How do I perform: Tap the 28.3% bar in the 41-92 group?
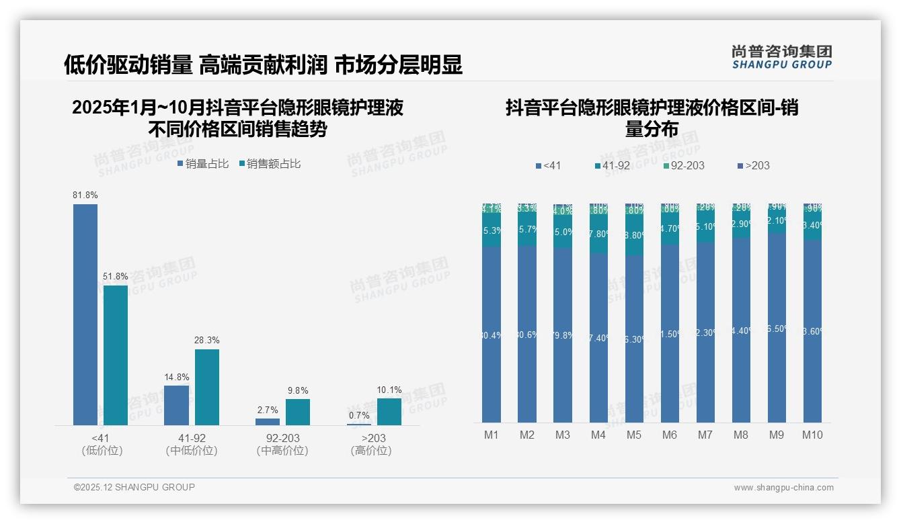tap(207, 387)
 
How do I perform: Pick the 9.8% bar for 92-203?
tap(298, 412)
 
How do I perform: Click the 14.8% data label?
tap(176, 377)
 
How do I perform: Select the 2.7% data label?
tap(268, 410)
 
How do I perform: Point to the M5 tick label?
tap(634, 435)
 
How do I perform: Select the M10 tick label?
tap(812, 435)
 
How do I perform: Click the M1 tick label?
tap(492, 435)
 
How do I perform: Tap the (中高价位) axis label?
tap(282, 451)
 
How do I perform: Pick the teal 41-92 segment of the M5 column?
tap(634, 235)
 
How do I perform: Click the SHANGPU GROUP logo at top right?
tap(782, 57)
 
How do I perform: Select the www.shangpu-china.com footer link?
tap(783, 488)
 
